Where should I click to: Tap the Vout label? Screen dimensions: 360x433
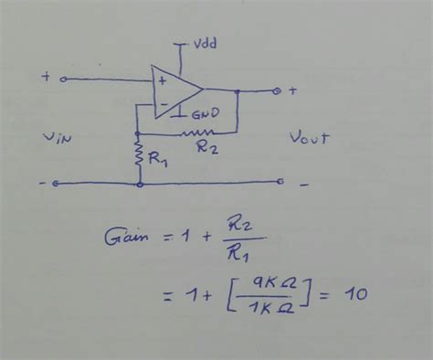(309, 139)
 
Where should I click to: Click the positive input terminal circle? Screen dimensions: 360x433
(64, 79)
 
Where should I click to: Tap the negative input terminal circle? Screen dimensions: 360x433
(57, 184)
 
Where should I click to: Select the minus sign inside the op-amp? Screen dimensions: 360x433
(162, 103)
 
